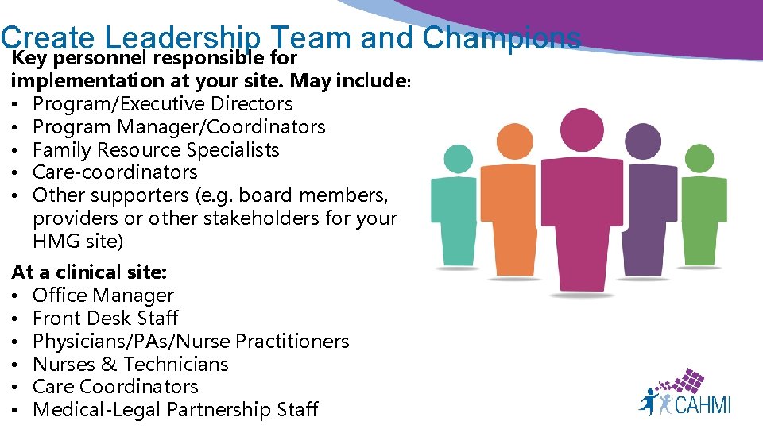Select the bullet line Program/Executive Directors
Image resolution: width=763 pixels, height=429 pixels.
tap(162, 104)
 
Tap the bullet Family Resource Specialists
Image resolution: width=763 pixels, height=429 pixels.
tap(156, 150)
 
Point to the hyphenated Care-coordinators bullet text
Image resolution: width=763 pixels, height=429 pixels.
tap(115, 172)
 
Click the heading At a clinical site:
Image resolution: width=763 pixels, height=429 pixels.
tap(89, 272)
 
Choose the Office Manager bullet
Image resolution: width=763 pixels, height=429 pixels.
tap(103, 296)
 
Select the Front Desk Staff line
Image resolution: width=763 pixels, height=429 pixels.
tap(106, 319)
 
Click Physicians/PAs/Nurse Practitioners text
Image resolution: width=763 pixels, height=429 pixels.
tap(191, 342)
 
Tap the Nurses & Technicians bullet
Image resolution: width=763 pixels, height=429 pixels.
tap(130, 365)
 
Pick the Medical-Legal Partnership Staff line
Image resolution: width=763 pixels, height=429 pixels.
tap(175, 410)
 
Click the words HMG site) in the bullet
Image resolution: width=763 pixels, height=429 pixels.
tap(78, 241)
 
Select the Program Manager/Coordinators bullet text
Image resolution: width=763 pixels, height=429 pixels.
tap(179, 127)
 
